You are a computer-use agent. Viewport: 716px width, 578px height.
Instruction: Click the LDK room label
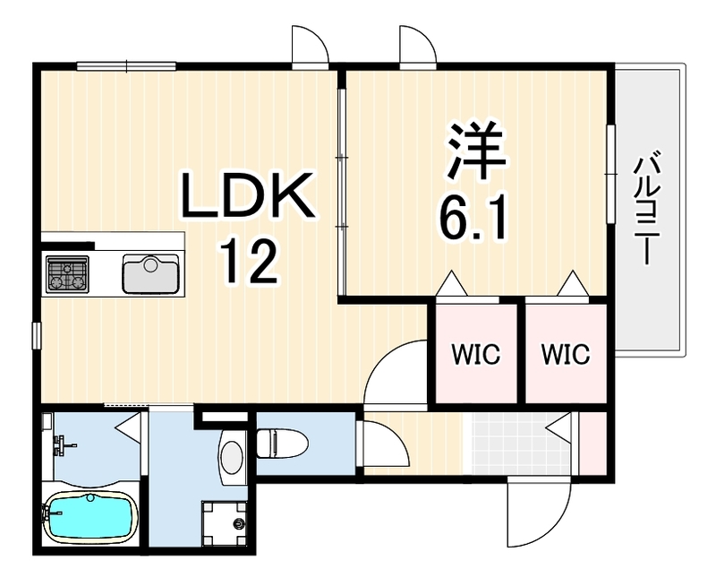[x=248, y=195]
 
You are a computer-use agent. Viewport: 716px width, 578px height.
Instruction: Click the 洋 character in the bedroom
[x=476, y=151]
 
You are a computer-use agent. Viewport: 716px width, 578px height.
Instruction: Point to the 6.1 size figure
[x=474, y=217]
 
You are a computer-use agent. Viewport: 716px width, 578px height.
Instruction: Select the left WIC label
[x=476, y=354]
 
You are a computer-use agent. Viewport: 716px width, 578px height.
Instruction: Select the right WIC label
[x=566, y=354]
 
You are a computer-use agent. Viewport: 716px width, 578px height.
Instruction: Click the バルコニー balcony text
[x=644, y=209]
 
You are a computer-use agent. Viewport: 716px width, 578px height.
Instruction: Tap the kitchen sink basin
[x=150, y=274]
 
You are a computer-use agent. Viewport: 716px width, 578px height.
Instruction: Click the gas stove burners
[x=67, y=274]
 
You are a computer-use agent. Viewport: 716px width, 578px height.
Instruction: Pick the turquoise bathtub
[x=91, y=517]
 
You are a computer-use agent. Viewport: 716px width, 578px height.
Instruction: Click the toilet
[x=282, y=443]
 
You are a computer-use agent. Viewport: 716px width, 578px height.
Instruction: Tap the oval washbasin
[x=231, y=456]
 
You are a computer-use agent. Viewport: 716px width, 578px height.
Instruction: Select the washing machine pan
[x=225, y=523]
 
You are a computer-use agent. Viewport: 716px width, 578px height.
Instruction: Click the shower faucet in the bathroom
[x=62, y=444]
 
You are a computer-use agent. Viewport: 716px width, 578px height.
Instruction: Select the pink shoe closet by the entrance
[x=592, y=443]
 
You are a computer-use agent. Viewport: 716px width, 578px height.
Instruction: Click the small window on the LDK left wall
[x=37, y=336]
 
